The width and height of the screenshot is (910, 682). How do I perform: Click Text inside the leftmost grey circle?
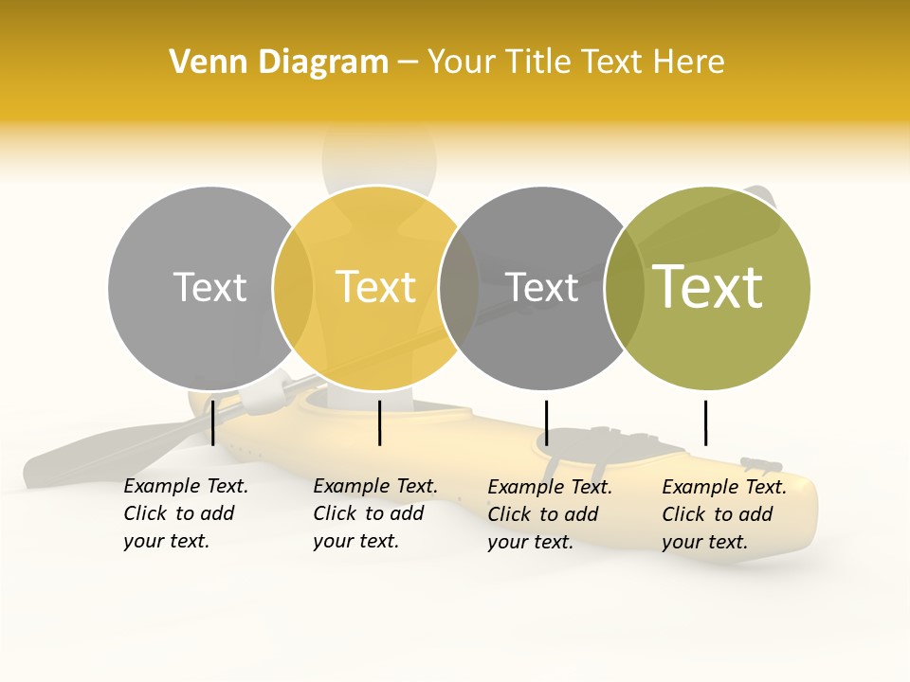[209, 287]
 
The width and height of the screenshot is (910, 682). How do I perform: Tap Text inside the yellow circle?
[375, 287]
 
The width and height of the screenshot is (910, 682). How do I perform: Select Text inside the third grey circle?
[541, 288]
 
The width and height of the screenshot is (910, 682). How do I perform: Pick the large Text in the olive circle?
[708, 286]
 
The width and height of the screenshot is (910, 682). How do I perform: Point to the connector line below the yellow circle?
[379, 422]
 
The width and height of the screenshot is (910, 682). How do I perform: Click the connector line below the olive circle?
[705, 422]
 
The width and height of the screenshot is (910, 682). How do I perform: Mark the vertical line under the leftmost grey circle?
[213, 422]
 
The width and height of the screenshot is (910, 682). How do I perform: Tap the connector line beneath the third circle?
[546, 422]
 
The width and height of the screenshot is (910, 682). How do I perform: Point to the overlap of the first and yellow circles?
[293, 288]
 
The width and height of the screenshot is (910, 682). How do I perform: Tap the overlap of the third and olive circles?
[624, 288]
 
